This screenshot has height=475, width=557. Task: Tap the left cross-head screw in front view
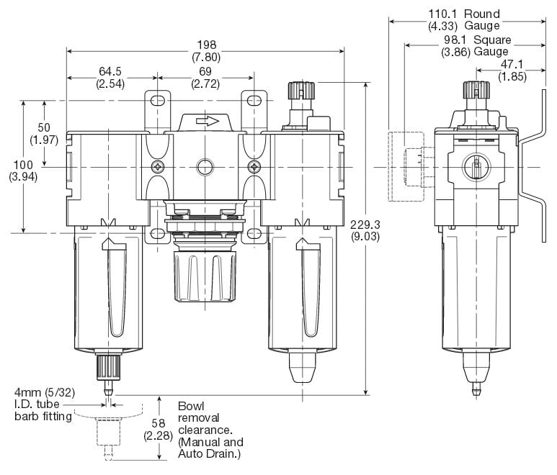pyautogui.click(x=158, y=167)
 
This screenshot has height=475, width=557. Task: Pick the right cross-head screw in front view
pyautogui.click(x=253, y=167)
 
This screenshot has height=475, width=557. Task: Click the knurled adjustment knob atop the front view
pyautogui.click(x=300, y=91)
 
